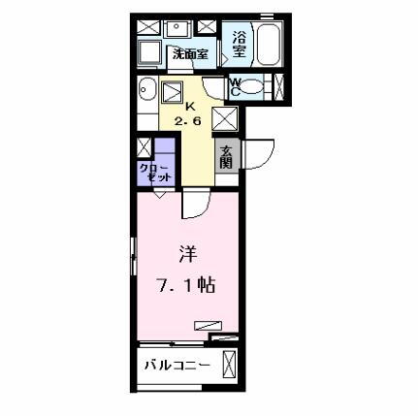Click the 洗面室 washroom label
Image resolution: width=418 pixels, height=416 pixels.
190,55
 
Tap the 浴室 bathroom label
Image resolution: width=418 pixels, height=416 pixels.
240,47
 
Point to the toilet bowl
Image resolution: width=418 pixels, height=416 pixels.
254,87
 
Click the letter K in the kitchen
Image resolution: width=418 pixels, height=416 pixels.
190,107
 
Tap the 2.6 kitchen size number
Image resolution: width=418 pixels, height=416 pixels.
190,121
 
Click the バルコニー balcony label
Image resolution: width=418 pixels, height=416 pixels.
179,367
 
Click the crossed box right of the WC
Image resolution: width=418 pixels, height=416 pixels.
279,87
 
